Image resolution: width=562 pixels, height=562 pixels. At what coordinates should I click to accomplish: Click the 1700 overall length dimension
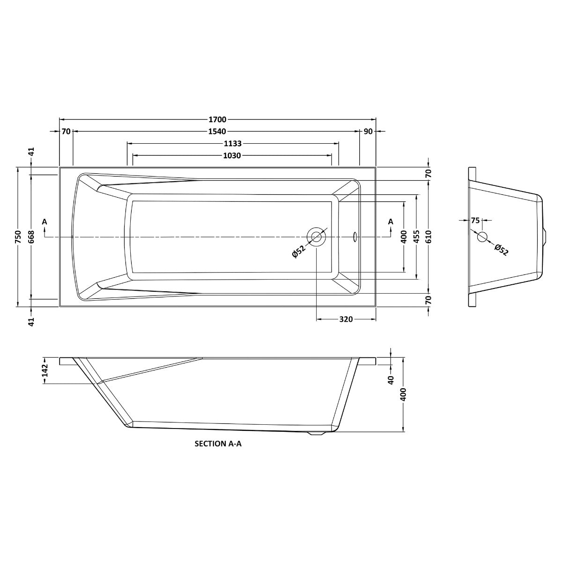[x=218, y=119]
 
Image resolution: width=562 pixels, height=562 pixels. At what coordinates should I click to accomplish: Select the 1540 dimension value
[x=218, y=132]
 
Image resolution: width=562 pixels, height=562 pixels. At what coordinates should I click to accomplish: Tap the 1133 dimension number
[x=233, y=144]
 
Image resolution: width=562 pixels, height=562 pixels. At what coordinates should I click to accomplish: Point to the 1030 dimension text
[x=232, y=155]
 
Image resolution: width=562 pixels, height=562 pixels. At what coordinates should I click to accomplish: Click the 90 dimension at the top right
[x=368, y=132]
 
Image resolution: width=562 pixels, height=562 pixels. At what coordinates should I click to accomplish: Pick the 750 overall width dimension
[x=18, y=237]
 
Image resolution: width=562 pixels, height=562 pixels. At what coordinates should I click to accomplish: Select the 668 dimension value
[x=31, y=237]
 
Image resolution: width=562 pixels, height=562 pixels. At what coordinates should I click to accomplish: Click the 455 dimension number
[x=416, y=237]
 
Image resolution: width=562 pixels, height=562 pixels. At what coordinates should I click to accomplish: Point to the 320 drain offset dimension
[x=346, y=319]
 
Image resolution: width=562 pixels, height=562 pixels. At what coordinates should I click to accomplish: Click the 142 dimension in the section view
[x=45, y=370]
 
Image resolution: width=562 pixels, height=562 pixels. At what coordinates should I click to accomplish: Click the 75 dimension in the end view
[x=475, y=220]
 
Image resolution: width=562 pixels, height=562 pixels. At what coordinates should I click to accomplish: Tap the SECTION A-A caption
[x=218, y=444]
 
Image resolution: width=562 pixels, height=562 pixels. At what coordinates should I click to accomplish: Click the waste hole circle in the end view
[x=482, y=237]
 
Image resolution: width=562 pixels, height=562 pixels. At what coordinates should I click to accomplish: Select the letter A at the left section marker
[x=44, y=221]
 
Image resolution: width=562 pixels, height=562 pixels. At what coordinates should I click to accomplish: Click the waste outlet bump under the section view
[x=317, y=434]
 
